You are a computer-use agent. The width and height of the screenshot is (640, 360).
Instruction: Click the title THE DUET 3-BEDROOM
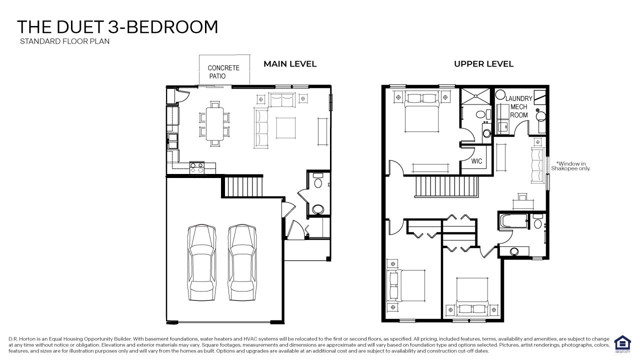117,27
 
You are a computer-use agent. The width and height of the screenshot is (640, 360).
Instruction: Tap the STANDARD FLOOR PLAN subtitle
64,41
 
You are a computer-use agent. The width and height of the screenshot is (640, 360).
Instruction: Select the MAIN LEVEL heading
290,64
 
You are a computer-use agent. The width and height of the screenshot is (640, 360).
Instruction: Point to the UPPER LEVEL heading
483,64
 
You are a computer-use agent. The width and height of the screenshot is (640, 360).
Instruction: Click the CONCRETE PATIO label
223,72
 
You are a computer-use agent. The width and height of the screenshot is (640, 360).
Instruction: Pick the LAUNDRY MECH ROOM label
518,106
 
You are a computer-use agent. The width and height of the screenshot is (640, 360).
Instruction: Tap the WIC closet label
476,161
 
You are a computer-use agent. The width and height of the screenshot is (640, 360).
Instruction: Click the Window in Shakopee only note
571,166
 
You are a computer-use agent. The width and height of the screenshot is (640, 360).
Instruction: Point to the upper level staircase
446,187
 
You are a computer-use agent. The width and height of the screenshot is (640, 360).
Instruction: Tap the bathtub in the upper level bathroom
513,221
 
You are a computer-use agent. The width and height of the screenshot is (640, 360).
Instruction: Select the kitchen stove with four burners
196,167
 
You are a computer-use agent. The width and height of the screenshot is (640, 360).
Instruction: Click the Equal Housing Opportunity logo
622,344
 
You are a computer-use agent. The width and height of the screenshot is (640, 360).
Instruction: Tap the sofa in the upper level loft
537,165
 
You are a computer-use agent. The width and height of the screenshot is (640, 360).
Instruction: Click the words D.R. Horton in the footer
20,339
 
